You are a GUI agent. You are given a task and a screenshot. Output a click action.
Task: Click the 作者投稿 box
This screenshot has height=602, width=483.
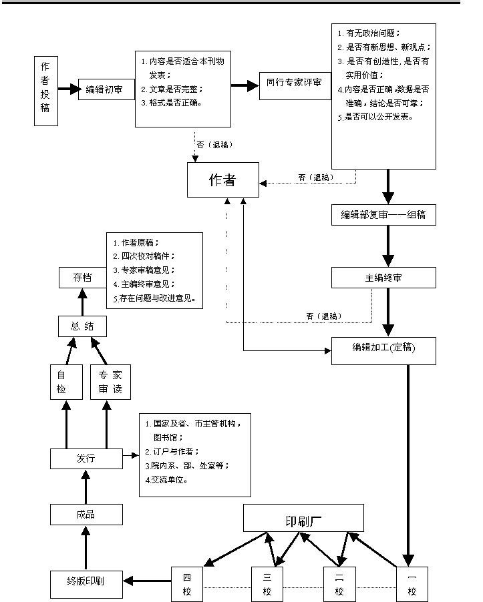pos(45,91)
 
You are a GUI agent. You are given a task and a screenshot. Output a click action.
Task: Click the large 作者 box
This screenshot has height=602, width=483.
pos(222,180)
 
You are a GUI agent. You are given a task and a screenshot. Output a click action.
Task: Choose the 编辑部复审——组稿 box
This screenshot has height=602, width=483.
pos(383,215)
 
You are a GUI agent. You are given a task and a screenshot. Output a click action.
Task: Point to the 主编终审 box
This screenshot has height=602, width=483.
pos(383,278)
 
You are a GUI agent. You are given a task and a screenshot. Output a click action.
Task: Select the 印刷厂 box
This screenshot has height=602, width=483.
pos(303,518)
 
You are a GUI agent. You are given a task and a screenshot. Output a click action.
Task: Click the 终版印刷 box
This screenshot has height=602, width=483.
pos(86,583)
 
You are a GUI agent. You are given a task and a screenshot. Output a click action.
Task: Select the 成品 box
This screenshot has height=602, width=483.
pos(86,514)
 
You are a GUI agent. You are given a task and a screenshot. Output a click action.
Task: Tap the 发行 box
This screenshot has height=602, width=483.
pos(86,459)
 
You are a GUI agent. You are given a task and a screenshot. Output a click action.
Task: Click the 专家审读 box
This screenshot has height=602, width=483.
pos(110,382)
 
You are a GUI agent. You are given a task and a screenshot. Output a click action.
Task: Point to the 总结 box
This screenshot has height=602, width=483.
pos(82,326)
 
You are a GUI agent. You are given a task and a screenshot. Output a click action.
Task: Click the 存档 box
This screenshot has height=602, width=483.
pos(82,277)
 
